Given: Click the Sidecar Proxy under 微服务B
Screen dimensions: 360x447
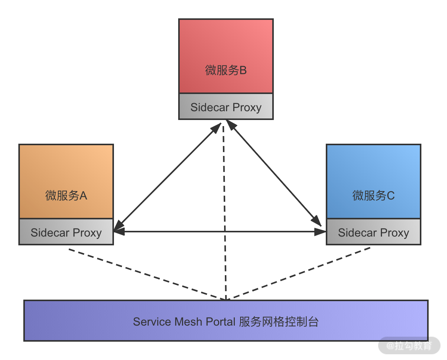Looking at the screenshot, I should coord(226,107).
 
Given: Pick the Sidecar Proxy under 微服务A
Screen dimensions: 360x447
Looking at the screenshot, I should coord(66,232).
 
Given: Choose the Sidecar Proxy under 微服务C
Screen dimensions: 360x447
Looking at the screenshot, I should coord(373,232).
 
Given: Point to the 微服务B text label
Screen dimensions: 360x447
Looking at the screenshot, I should coord(226,70).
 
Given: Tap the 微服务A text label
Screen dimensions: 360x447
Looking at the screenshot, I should coord(66,196).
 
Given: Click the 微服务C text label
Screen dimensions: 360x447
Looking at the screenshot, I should coord(373,196).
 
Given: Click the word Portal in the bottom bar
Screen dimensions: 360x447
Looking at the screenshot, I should coord(221,321).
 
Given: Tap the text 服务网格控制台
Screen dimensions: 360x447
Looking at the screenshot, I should coord(279,321).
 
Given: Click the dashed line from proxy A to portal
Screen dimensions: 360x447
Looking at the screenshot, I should coord(145,274).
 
